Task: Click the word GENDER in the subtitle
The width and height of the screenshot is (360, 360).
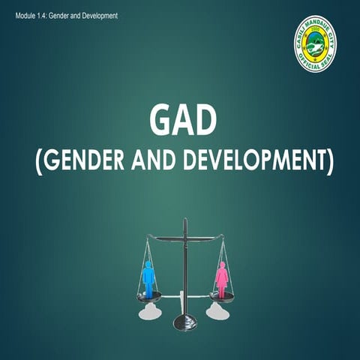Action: [x=85, y=161]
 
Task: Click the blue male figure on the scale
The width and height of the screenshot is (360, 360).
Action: [x=148, y=278]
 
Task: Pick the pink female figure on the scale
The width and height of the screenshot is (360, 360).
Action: [x=222, y=278]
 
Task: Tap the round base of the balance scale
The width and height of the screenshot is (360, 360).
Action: [x=184, y=323]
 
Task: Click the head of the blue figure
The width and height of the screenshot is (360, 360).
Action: [x=148, y=263]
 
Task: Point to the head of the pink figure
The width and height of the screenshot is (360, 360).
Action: [x=222, y=263]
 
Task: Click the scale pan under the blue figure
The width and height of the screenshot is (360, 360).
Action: [x=148, y=296]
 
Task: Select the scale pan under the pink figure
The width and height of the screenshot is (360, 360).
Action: [x=222, y=296]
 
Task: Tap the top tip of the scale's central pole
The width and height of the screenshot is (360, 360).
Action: [x=184, y=220]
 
